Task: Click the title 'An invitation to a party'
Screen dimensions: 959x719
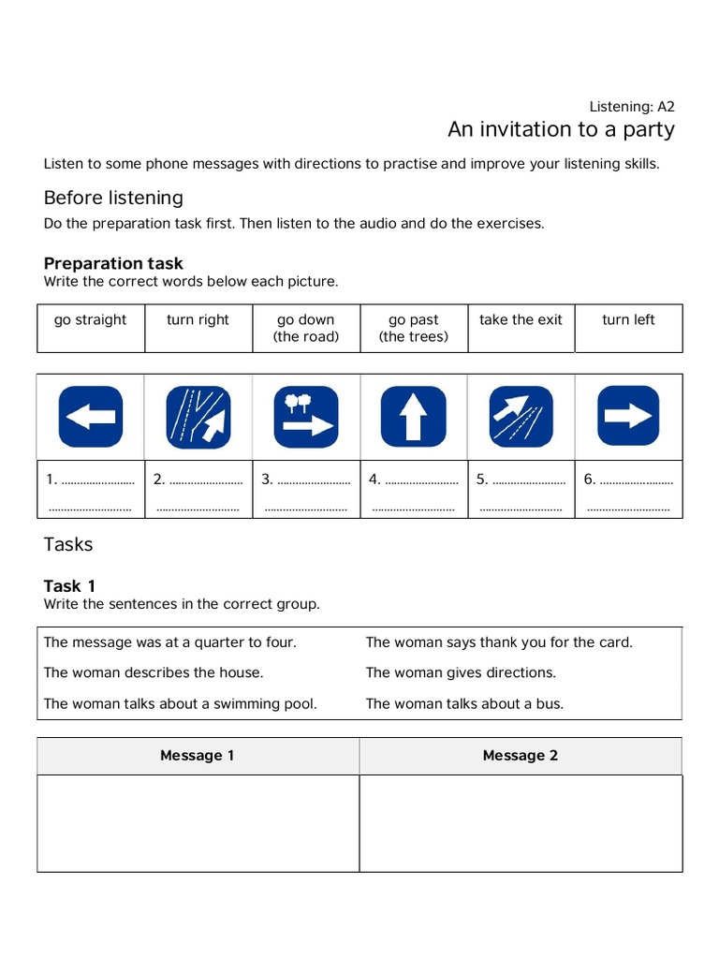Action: (560, 129)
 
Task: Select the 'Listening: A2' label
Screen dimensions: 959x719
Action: (632, 106)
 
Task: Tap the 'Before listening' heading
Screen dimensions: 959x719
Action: (113, 198)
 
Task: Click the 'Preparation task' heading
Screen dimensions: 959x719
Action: (113, 263)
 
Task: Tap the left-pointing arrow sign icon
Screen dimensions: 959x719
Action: (90, 417)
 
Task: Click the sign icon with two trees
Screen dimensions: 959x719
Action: (305, 417)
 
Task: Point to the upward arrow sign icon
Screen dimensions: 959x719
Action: (413, 417)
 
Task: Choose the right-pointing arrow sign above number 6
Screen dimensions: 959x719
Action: (628, 417)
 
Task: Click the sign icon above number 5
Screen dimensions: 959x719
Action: (521, 417)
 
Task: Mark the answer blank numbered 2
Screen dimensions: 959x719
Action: (198, 480)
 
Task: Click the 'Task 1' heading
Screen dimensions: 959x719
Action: (69, 586)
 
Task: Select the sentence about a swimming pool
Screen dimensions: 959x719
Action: (180, 703)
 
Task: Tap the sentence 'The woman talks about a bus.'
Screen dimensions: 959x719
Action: (464, 703)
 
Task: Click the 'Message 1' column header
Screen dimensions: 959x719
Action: (198, 756)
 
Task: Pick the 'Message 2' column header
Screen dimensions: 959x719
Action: (521, 756)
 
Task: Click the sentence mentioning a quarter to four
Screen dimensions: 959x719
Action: (169, 642)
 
